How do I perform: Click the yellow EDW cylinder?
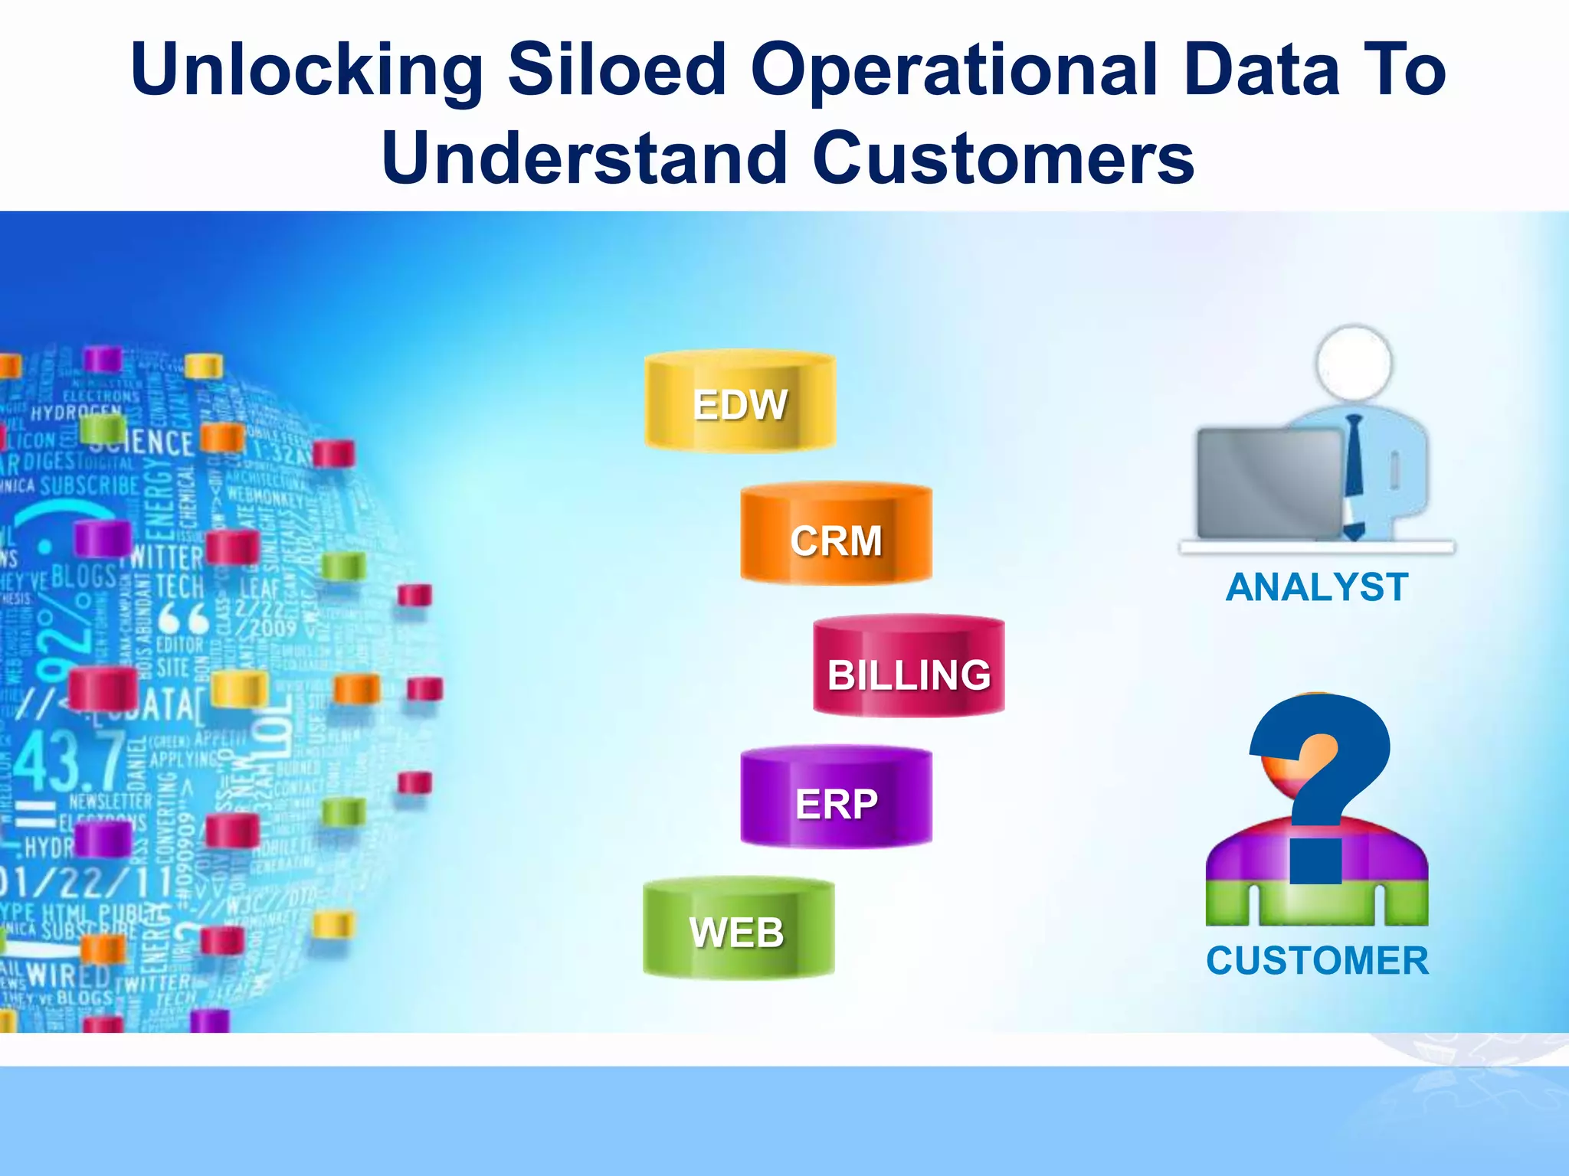point(739,402)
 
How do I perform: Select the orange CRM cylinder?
point(836,536)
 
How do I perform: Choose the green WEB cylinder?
point(738,929)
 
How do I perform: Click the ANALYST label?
point(1317,588)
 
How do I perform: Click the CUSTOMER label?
point(1317,960)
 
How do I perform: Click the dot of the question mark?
point(1315,861)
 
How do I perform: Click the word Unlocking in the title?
point(306,70)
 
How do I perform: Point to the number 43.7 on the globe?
point(69,762)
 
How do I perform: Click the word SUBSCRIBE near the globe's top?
point(90,485)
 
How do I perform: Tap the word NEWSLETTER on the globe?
point(110,802)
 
